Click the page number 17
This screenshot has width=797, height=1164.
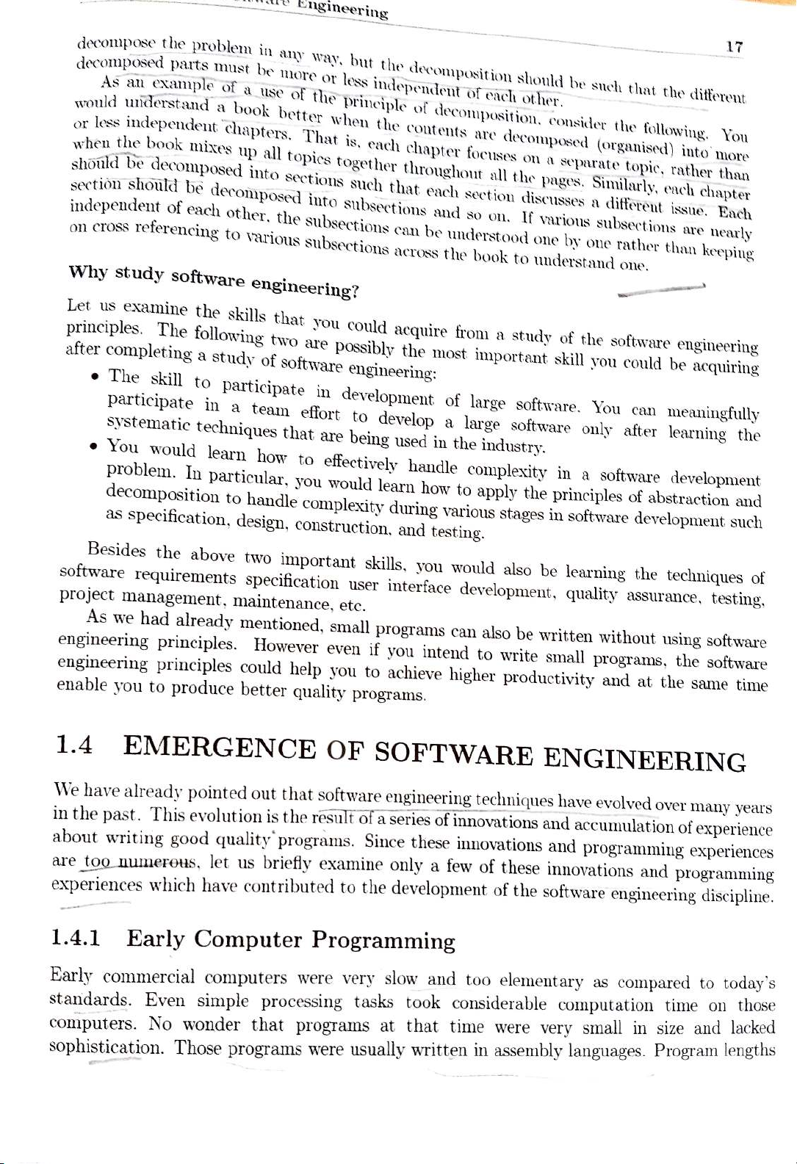tap(734, 47)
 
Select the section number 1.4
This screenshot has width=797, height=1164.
tap(74, 745)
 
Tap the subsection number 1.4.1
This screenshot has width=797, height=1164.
tap(76, 938)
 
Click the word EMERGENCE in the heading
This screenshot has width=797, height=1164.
tap(220, 748)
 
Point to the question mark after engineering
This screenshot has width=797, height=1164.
tap(355, 292)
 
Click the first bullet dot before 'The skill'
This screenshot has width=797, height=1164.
tap(95, 378)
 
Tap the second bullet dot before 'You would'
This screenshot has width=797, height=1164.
tap(94, 447)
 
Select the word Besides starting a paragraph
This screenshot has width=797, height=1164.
tap(116, 549)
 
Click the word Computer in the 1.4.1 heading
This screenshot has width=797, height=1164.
tap(248, 939)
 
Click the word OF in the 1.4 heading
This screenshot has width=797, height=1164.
tap(345, 750)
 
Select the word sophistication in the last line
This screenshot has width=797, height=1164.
tap(106, 1046)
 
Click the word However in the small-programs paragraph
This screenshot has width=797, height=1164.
tap(286, 646)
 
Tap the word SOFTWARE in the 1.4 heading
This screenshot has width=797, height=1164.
tap(453, 754)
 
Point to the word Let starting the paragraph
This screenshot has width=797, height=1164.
tap(78, 304)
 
